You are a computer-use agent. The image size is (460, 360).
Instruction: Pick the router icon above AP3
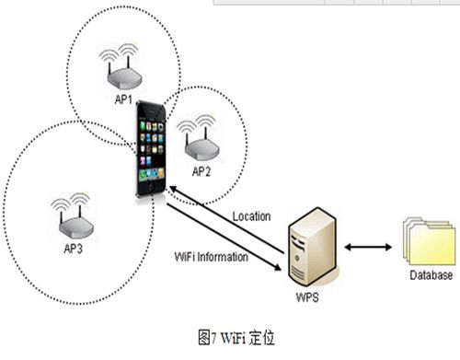coord(73,218)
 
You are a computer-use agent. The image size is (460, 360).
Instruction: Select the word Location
coord(250,216)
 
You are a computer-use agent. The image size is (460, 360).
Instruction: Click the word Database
coord(431,275)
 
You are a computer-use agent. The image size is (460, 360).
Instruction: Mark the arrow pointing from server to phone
coord(225,214)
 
